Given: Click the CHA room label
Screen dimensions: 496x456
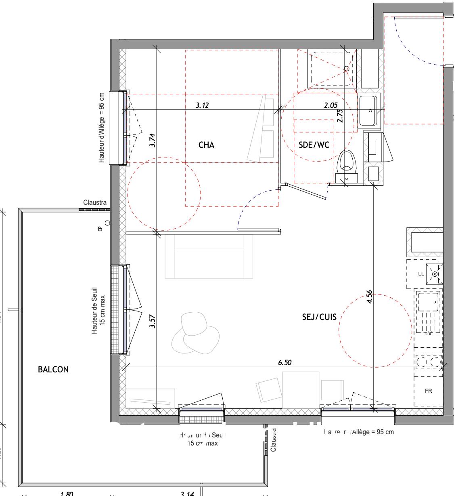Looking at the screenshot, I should [206, 145].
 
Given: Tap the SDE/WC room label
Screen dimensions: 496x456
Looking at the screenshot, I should [314, 145].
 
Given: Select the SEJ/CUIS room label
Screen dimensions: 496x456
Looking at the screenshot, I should [319, 317].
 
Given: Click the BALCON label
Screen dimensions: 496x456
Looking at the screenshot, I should [53, 369].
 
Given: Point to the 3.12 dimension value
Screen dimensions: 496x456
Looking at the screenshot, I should [202, 105].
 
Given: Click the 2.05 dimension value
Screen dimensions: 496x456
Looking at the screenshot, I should [330, 105].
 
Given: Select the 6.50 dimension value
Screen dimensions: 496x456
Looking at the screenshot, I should [284, 362].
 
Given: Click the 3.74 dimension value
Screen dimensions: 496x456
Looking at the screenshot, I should [152, 140].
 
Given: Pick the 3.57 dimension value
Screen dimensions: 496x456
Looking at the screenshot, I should [152, 321].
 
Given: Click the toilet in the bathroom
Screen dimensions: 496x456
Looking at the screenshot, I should [347, 163].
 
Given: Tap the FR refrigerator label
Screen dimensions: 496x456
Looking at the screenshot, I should [428, 391].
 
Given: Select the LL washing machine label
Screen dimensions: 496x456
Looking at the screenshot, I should [421, 273].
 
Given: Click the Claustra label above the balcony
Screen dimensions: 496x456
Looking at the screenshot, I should [95, 202].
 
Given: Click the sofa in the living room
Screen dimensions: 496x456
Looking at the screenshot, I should [209, 257].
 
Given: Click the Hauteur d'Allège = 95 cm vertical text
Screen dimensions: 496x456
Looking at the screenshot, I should [102, 128].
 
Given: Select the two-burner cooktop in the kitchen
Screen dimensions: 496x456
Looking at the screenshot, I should [428, 361].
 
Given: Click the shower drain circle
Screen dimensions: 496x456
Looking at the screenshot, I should [347, 69].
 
